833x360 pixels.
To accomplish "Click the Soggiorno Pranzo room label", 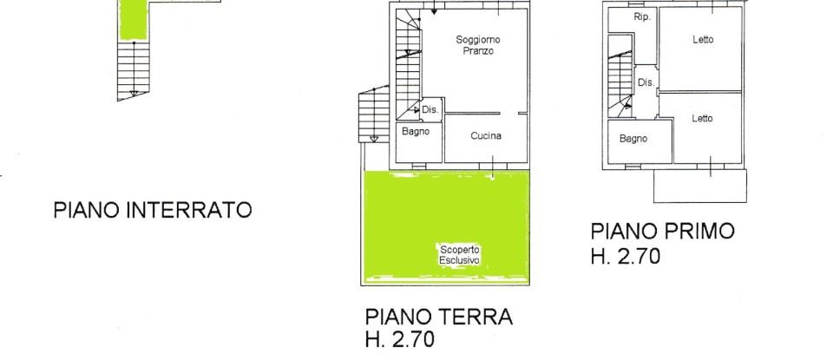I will tap(477, 46).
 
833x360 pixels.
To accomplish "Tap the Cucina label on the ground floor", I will tap(486, 136).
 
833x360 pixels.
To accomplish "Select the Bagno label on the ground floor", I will tap(416, 131).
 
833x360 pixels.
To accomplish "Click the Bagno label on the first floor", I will tap(633, 138).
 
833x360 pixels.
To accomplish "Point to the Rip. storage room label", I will tap(642, 17).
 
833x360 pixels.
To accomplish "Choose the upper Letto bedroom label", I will tap(703, 40).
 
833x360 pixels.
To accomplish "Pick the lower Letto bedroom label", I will tap(703, 119).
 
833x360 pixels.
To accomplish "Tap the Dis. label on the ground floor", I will tap(430, 110).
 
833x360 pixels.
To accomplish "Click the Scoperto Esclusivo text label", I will tap(460, 253).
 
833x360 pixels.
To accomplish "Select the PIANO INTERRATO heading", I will tap(153, 210).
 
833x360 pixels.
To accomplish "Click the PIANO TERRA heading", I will tap(439, 317).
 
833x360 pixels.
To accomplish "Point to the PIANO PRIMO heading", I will tap(662, 232).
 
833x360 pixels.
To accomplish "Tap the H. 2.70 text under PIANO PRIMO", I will tap(626, 256).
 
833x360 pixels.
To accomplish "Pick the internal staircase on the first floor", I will tap(620, 78).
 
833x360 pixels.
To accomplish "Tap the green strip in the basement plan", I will tap(133, 19).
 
